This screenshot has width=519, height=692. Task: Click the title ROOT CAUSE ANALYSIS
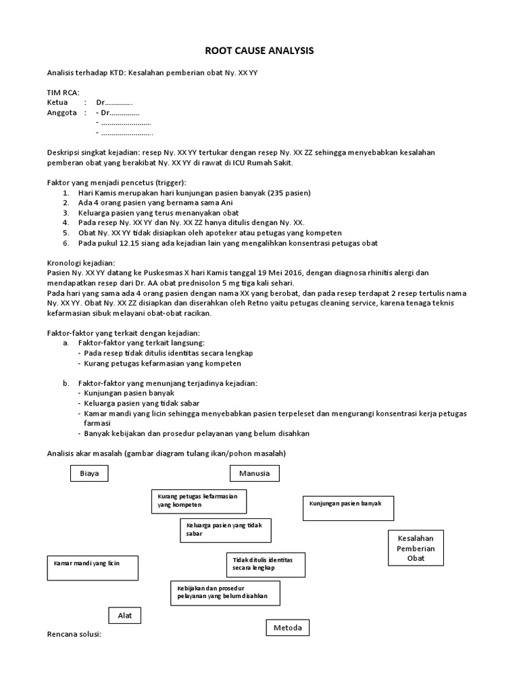tap(259, 51)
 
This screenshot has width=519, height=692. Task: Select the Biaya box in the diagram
tap(89, 474)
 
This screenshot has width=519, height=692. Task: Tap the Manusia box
tap(254, 474)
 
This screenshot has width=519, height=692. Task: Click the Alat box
tap(125, 616)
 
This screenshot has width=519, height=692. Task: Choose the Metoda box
tap(287, 628)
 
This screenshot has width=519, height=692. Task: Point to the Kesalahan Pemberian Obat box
tap(416, 549)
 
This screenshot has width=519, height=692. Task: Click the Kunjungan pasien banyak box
tap(348, 508)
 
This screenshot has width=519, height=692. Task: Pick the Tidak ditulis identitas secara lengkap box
tap(265, 564)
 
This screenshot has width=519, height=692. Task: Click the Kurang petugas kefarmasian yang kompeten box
tap(198, 501)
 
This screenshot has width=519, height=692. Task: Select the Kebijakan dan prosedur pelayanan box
tap(225, 593)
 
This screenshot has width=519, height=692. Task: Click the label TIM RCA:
tap(63, 93)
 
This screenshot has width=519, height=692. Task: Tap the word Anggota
tap(61, 113)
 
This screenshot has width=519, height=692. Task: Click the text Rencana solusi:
tap(74, 635)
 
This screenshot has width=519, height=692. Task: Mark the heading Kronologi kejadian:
tap(80, 263)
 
